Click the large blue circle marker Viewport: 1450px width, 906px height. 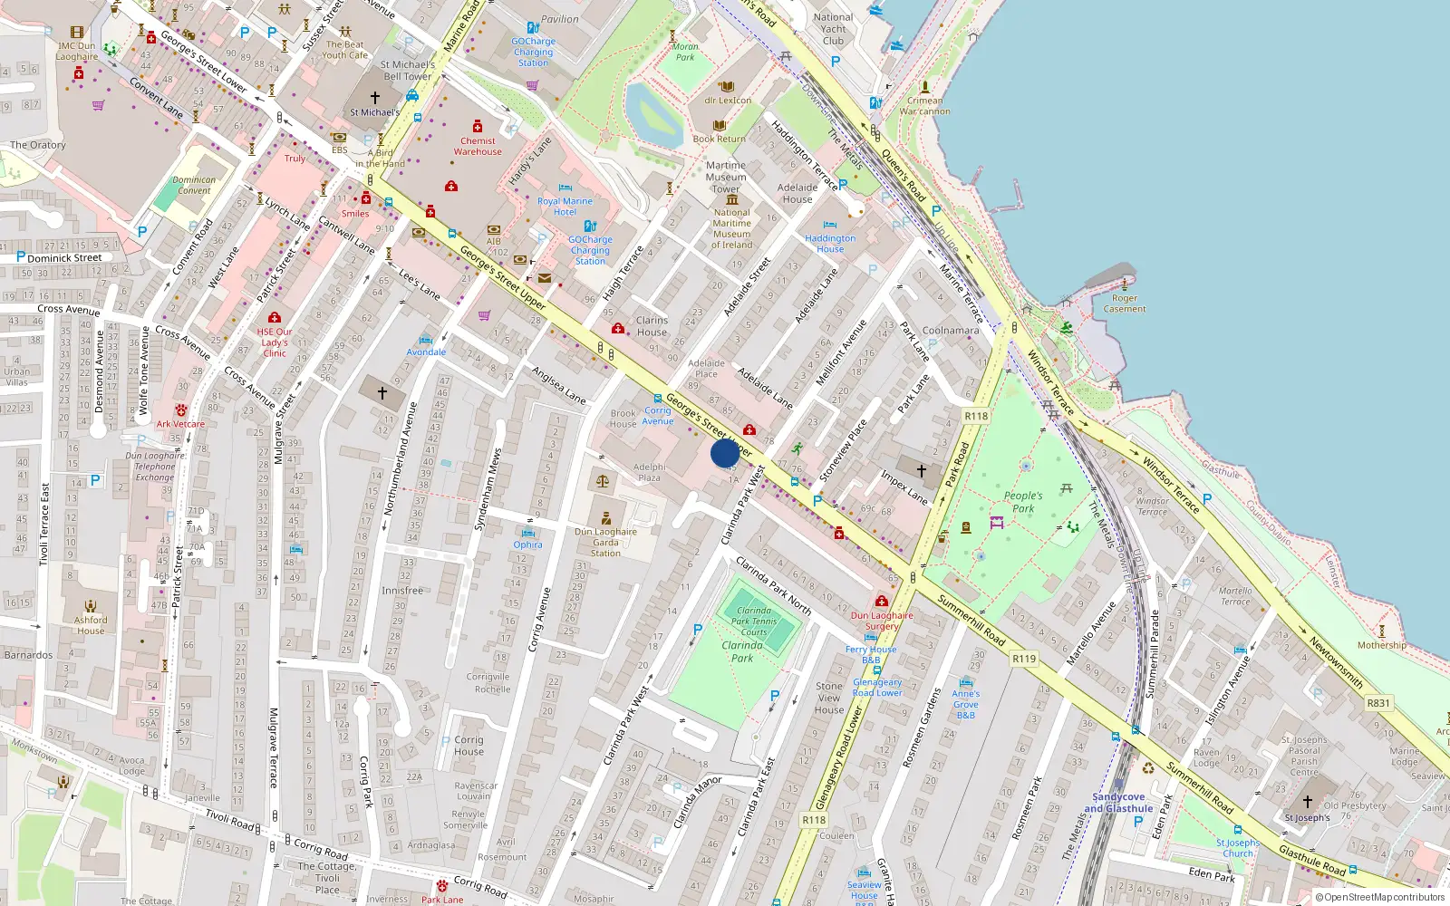click(x=725, y=452)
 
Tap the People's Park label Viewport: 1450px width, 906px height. click(x=1023, y=502)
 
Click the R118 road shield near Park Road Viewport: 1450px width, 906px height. click(x=975, y=416)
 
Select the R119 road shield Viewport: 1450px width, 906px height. click(x=1023, y=659)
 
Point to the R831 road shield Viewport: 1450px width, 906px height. click(x=1377, y=702)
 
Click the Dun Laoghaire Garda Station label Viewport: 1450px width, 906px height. click(x=605, y=542)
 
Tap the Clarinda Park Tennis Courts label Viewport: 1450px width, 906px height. click(x=754, y=622)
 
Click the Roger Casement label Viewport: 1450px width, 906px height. click(x=1125, y=304)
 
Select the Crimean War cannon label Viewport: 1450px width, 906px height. click(x=924, y=106)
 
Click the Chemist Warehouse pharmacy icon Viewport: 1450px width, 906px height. click(x=478, y=126)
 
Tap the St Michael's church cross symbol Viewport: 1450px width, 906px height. click(x=374, y=97)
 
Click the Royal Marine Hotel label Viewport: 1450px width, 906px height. click(x=565, y=207)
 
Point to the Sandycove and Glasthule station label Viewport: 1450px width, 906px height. click(x=1118, y=803)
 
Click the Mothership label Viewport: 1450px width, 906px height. click(x=1381, y=645)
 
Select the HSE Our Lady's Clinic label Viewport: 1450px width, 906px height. click(x=275, y=342)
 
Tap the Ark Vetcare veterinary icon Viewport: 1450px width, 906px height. click(x=181, y=410)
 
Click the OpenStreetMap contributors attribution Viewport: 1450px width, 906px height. click(x=1379, y=897)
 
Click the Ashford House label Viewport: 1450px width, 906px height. click(x=91, y=625)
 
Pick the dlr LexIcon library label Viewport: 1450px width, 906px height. click(x=728, y=101)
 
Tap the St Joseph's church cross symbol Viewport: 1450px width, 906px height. click(x=1307, y=801)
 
